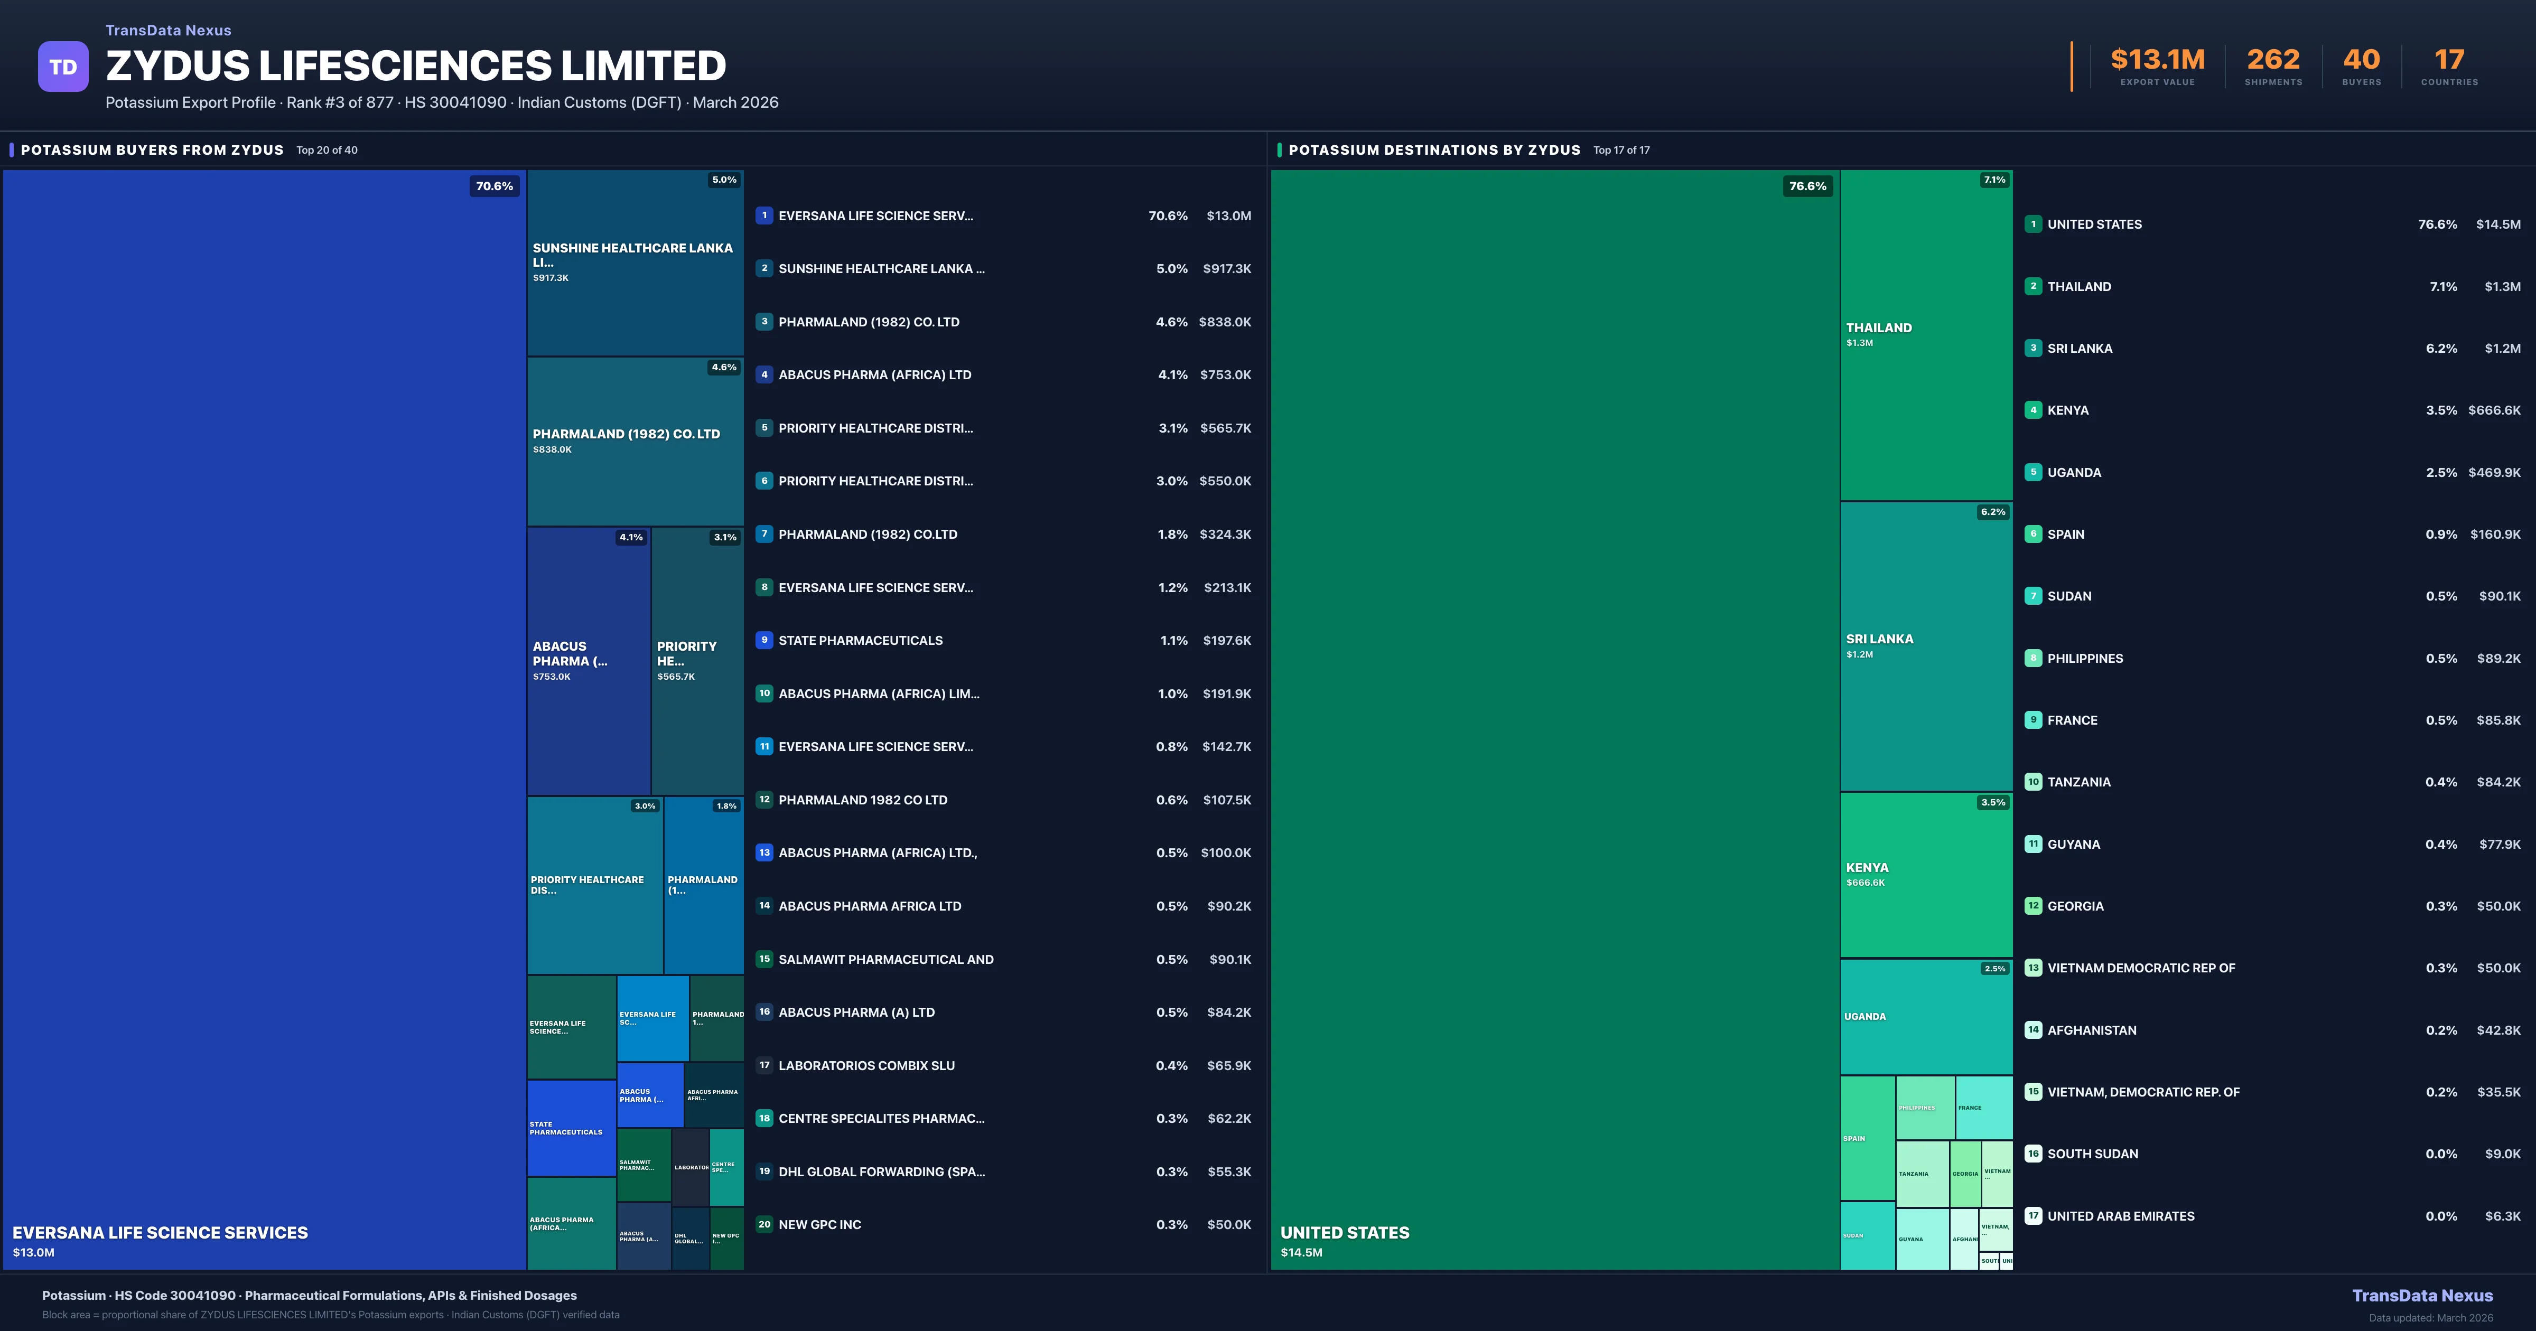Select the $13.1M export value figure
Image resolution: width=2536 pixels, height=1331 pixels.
tap(2157, 60)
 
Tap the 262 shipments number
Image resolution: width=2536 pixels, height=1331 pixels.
tap(2273, 60)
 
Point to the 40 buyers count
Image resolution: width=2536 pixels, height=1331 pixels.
tap(2361, 60)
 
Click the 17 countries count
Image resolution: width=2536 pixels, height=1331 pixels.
tap(2449, 60)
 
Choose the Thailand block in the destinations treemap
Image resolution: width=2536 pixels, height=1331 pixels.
tap(1926, 335)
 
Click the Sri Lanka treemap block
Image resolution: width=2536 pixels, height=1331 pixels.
tap(1926, 646)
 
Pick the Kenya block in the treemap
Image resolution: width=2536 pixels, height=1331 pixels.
tap(1926, 874)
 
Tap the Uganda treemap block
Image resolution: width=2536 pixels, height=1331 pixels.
tap(1926, 1016)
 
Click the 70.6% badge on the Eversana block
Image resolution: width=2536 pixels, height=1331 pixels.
tap(494, 186)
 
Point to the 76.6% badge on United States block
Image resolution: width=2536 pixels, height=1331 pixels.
tap(1807, 186)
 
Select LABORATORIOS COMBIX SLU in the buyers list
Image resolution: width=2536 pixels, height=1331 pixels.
tap(866, 1065)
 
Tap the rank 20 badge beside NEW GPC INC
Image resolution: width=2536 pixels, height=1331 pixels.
tap(764, 1225)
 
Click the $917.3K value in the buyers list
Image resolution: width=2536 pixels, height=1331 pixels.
tap(1227, 269)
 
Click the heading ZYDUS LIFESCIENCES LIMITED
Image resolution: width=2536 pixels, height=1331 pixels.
tap(415, 66)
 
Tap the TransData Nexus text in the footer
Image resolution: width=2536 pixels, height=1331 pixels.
tap(2422, 1296)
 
